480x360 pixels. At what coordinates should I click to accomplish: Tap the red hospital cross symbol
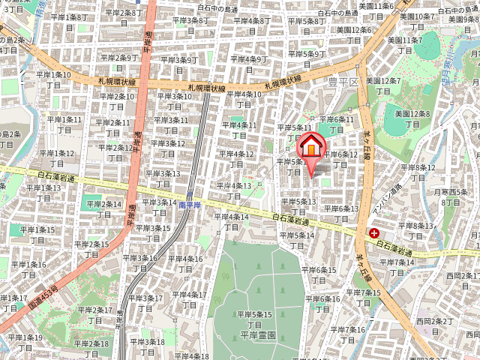point(373,233)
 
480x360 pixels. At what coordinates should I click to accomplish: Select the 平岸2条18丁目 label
point(92,348)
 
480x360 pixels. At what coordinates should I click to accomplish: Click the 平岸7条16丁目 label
point(344,334)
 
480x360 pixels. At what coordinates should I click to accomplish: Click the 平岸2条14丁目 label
point(102,208)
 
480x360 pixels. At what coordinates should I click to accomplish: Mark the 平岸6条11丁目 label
point(337,124)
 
